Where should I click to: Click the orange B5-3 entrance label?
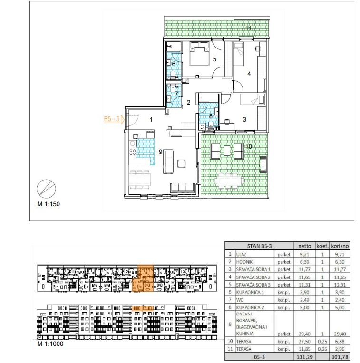coord(111,119)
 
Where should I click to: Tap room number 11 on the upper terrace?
coord(249,28)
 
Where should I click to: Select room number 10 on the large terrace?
coord(249,146)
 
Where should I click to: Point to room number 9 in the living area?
coord(160,152)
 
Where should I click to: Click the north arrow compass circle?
coord(46,189)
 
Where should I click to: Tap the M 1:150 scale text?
coord(49,204)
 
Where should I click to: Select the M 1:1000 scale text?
coord(50,344)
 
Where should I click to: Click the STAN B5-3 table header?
coord(259,246)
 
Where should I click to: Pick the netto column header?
coord(304,246)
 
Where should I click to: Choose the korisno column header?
coord(340,246)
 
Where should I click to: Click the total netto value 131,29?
coord(304,357)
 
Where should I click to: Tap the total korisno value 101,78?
coord(340,357)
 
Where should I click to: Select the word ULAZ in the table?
coord(241,254)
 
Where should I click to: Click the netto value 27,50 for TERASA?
coord(304,342)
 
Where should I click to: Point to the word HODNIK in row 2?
coord(244,262)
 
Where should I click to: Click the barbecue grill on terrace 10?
coord(263,164)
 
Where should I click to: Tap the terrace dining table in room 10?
coord(229,180)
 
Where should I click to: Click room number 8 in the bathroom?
coord(211,116)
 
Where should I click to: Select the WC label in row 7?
coord(240,300)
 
